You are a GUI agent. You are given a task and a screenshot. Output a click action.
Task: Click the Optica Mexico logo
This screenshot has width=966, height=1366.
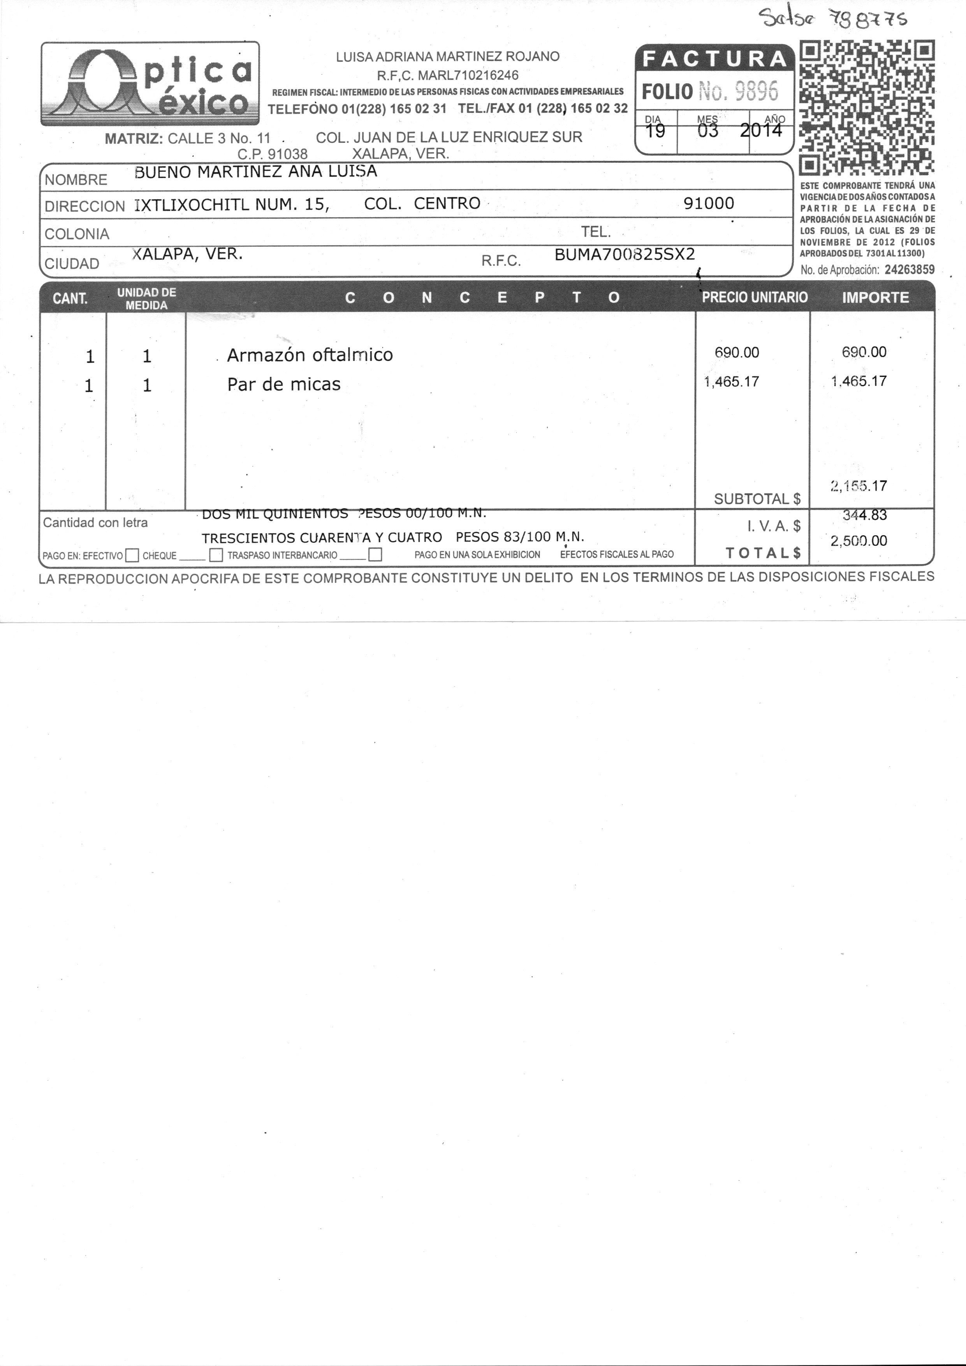[150, 83]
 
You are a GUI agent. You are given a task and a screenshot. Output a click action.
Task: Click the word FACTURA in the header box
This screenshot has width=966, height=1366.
[714, 59]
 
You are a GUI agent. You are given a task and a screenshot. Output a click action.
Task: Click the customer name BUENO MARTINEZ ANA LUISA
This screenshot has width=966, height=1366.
[256, 172]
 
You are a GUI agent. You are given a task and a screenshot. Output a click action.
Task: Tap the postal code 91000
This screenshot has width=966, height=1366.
[708, 204]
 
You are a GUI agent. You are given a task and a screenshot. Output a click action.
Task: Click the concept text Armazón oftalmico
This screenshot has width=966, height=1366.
[310, 355]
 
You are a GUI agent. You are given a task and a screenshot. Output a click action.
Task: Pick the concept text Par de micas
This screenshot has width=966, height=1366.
[284, 384]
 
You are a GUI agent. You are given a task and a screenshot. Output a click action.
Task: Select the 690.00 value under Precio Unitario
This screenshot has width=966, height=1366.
[737, 353]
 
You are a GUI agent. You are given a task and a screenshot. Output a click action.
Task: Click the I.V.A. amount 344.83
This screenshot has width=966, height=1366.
[864, 515]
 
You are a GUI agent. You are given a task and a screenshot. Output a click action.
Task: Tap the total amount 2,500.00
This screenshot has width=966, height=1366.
[858, 541]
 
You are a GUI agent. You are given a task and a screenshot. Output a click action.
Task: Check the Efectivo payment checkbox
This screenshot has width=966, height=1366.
[132, 556]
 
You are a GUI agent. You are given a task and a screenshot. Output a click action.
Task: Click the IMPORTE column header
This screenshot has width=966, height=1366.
[875, 297]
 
